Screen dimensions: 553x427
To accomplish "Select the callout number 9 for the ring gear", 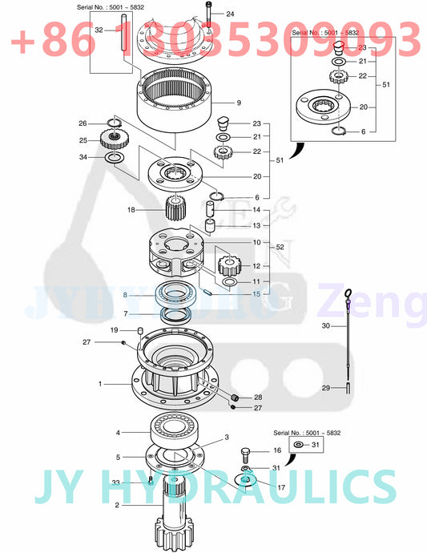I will tap(238, 103).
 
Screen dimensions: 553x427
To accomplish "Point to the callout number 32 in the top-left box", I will tap(99, 30).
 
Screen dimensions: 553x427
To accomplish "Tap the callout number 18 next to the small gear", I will tap(131, 210).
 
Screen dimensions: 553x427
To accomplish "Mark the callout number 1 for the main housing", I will tap(100, 385).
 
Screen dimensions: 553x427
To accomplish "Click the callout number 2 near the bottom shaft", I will tap(117, 505).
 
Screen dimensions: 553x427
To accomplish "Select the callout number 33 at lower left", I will tap(115, 482).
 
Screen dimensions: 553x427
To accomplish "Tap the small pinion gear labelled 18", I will tap(175, 212).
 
